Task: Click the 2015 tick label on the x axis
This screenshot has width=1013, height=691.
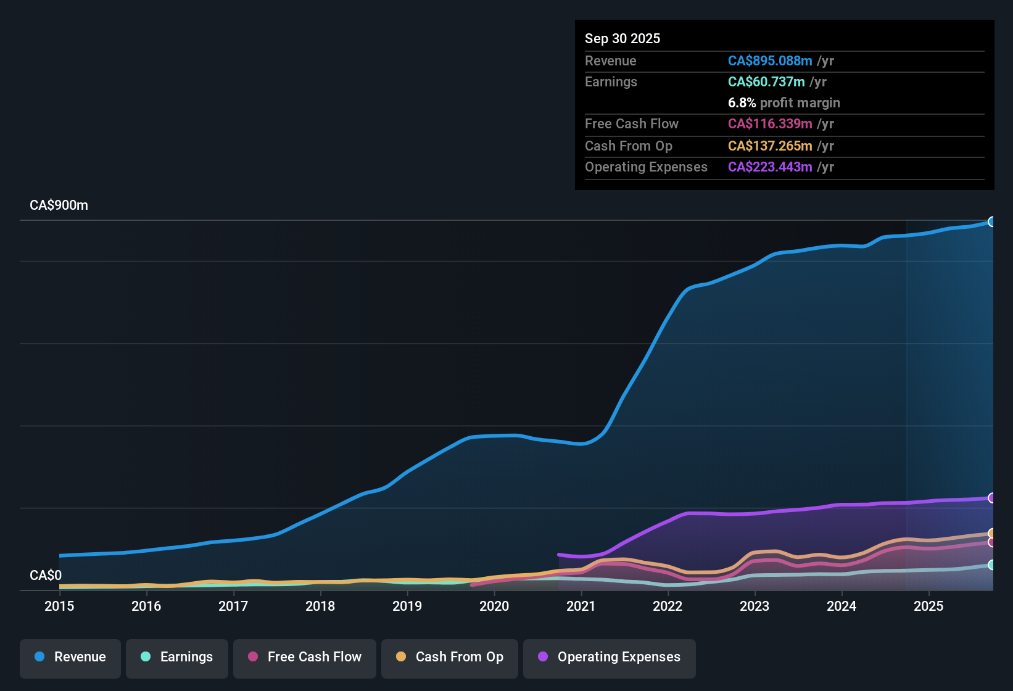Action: [59, 606]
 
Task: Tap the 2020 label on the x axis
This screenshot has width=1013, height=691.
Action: [494, 606]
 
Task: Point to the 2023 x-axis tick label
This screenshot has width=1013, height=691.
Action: [754, 606]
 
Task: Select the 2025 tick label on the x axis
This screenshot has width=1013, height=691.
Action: [928, 606]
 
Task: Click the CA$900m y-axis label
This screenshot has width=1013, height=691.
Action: [59, 205]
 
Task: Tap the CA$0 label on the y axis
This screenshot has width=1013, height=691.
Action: [46, 575]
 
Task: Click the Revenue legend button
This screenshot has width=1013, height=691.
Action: [70, 657]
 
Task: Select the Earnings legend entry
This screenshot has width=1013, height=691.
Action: [177, 657]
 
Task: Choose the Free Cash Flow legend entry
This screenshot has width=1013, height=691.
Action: [305, 657]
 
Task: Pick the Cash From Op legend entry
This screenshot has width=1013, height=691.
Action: [450, 657]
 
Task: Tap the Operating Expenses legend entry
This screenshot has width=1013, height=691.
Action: [610, 657]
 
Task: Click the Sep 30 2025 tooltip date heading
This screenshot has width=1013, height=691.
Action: [622, 38]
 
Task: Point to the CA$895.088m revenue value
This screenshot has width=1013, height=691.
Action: [769, 60]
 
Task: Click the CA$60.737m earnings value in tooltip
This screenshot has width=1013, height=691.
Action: [766, 81]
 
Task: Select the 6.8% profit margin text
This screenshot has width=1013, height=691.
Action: [784, 102]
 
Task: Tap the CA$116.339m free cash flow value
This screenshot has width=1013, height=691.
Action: [769, 123]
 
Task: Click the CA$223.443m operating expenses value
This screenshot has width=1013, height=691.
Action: [769, 167]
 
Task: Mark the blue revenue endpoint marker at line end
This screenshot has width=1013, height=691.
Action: [991, 221]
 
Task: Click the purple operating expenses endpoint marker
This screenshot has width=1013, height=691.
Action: [991, 498]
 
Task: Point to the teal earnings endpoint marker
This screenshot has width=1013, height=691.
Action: [991, 565]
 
